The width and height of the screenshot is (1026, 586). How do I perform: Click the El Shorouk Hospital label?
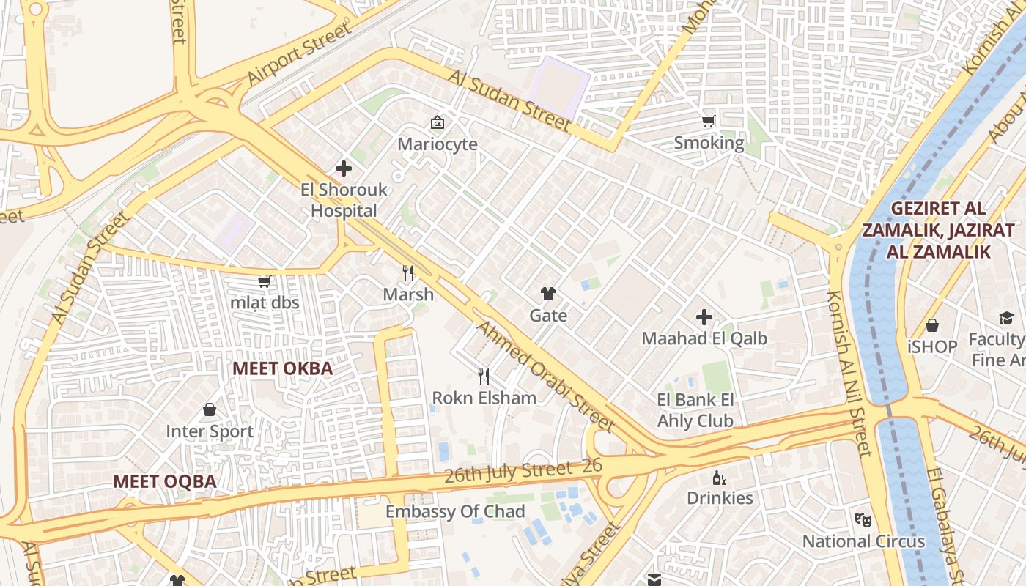click(x=344, y=200)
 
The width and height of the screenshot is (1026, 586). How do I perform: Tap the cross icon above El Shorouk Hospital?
click(x=344, y=169)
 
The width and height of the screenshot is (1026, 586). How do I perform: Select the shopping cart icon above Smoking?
click(x=708, y=122)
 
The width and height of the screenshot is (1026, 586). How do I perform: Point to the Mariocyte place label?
click(x=438, y=144)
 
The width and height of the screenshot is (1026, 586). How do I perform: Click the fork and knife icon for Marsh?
click(x=409, y=273)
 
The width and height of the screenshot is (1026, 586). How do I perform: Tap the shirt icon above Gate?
click(x=548, y=294)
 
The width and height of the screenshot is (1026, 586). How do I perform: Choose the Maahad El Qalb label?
click(x=704, y=338)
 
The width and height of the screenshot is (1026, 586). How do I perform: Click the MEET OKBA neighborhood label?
click(x=283, y=368)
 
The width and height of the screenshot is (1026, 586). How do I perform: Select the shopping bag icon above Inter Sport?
click(x=210, y=409)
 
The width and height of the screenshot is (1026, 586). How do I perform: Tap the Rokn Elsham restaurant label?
click(x=484, y=398)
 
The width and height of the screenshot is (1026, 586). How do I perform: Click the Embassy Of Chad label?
click(x=455, y=511)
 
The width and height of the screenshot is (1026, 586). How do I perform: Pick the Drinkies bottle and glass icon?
click(x=720, y=478)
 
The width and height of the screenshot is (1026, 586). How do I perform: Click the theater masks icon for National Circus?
click(x=863, y=519)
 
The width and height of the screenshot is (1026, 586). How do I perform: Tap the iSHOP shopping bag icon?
click(x=932, y=325)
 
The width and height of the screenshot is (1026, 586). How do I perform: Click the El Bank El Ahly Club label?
click(x=695, y=410)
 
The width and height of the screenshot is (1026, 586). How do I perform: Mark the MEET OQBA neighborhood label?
click(x=165, y=481)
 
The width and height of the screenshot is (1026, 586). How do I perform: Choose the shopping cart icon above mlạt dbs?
click(x=265, y=282)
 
